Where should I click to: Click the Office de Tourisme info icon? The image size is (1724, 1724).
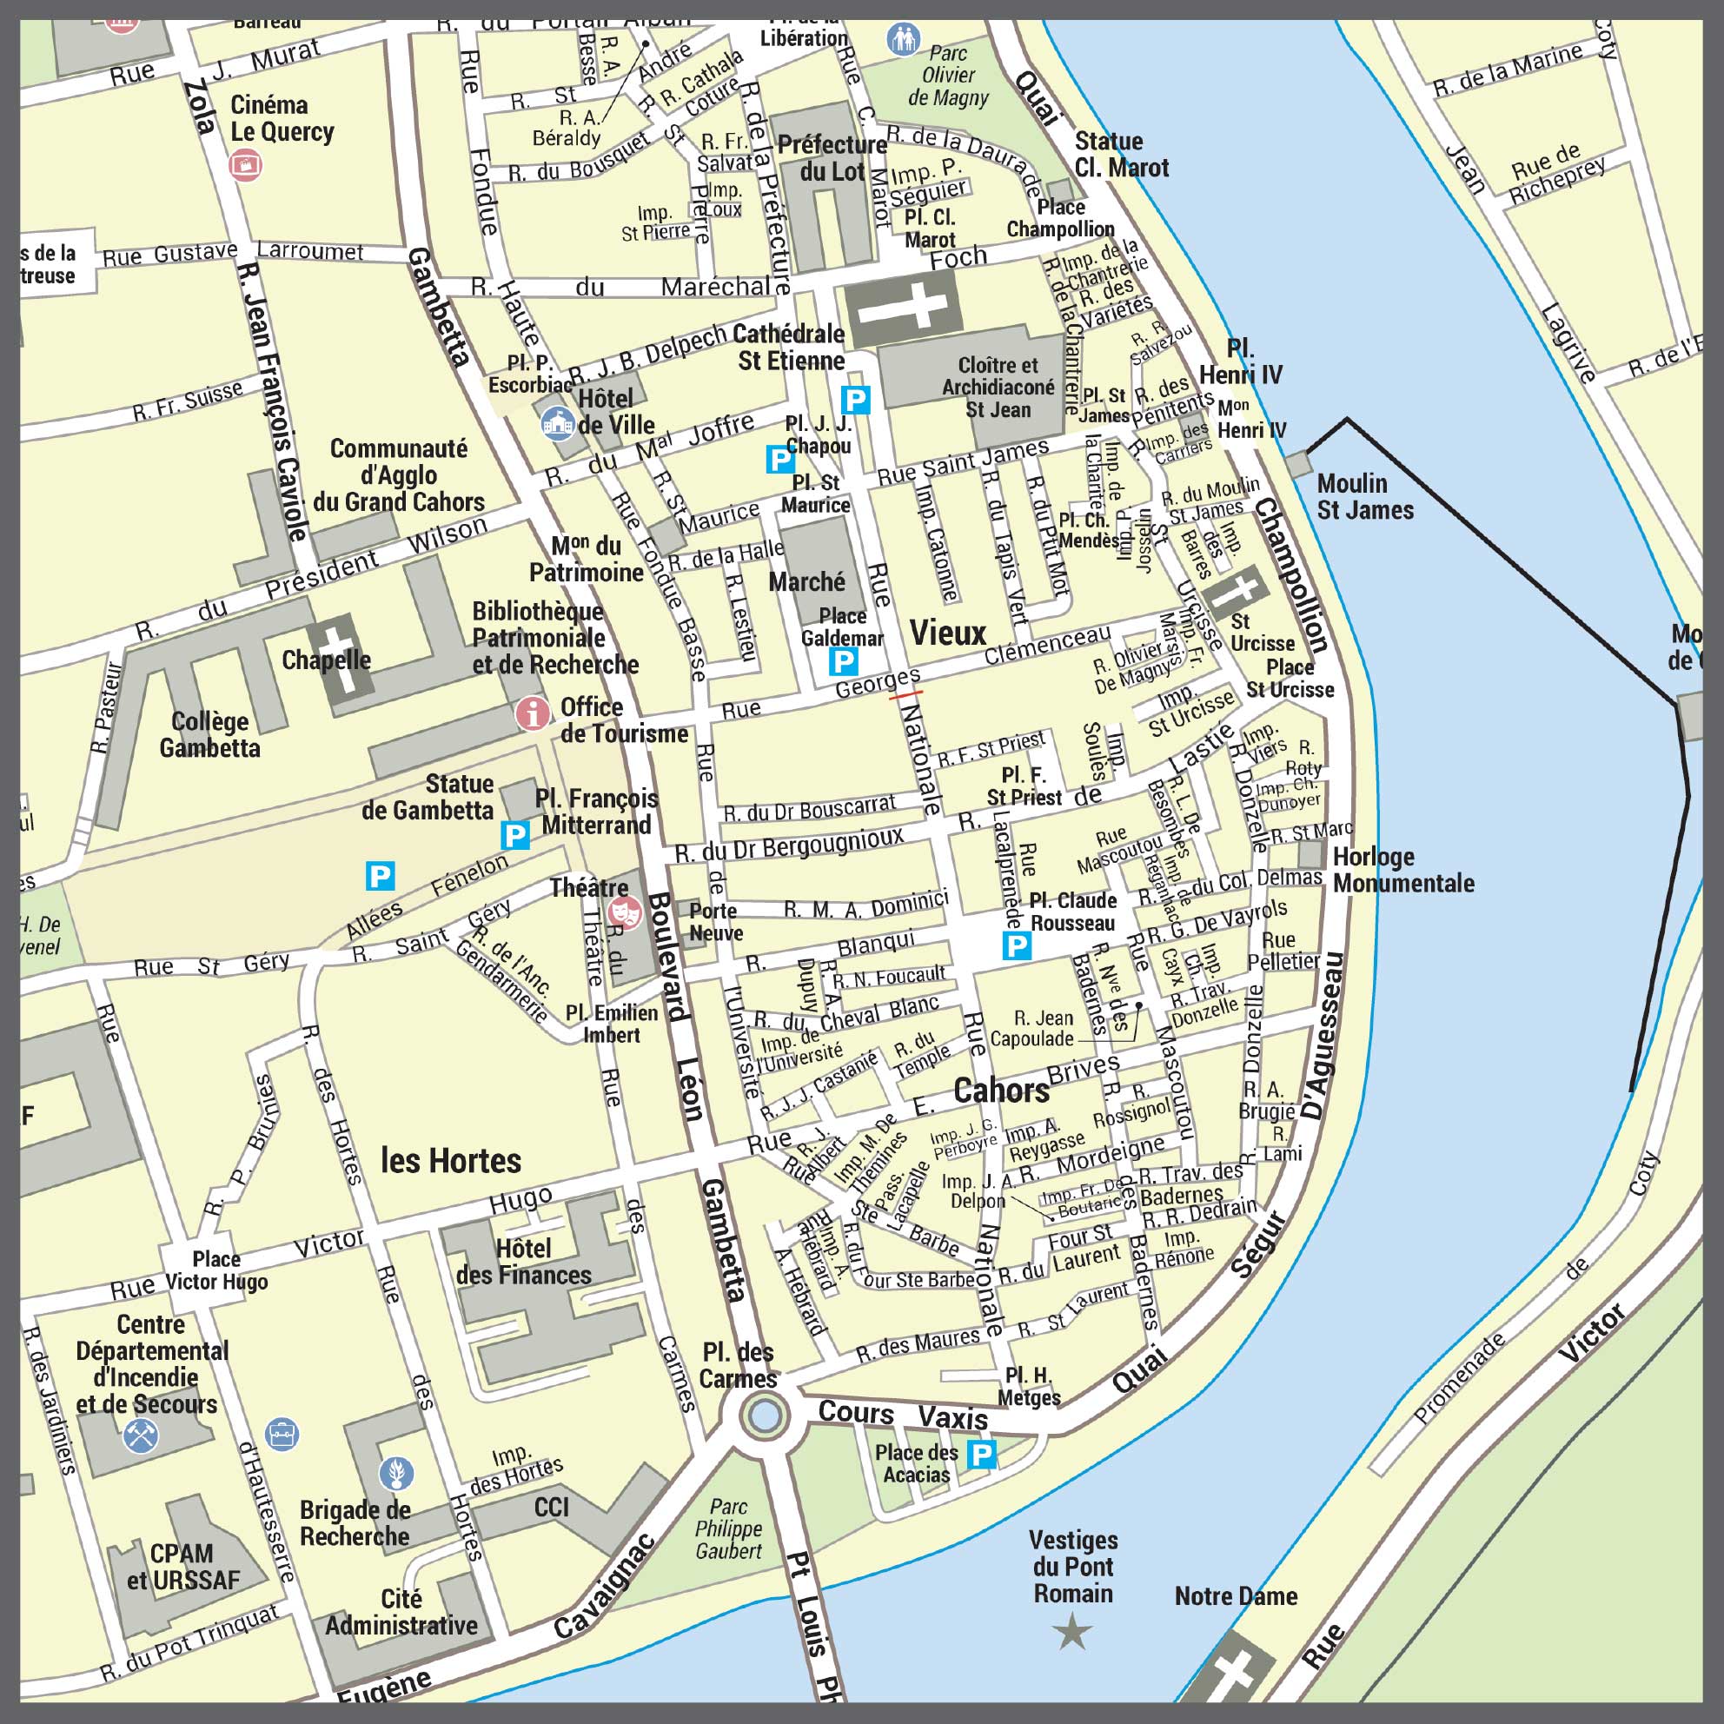point(533,713)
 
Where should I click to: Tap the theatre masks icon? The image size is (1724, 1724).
point(624,912)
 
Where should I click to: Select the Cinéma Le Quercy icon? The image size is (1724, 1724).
point(245,165)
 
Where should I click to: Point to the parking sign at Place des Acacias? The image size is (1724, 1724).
point(982,1455)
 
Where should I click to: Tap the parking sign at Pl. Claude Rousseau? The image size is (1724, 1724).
point(1017,946)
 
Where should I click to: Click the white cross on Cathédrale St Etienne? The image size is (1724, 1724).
point(903,307)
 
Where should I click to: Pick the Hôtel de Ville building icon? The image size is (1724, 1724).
point(558,423)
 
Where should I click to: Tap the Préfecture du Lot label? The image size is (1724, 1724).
point(832,158)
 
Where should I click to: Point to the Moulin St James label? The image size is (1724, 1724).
point(1365,497)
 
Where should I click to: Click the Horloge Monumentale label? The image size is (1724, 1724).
point(1402,870)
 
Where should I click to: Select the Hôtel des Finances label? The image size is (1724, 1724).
point(524,1262)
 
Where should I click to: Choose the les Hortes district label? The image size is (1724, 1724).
point(451,1160)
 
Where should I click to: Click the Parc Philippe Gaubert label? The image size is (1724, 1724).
point(728,1528)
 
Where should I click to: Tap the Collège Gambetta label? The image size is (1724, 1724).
point(209,734)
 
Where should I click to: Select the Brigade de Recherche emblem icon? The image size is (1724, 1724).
point(396,1473)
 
